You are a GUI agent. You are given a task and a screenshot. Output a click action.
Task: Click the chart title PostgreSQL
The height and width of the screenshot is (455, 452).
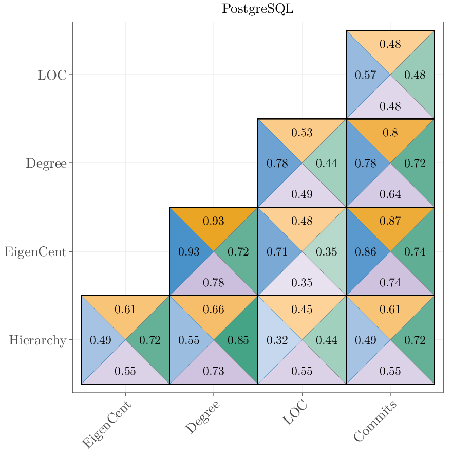coord(257,9)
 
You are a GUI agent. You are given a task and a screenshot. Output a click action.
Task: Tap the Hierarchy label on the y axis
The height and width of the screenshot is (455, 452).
coord(37,340)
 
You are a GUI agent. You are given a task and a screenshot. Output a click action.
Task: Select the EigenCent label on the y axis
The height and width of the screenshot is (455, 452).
coord(35,252)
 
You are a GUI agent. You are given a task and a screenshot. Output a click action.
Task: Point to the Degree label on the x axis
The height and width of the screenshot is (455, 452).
coord(203,417)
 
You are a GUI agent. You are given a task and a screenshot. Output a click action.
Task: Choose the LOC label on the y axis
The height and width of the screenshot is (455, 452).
coord(52,75)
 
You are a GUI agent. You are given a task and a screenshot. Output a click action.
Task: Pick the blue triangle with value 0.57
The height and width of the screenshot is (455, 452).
coord(366,75)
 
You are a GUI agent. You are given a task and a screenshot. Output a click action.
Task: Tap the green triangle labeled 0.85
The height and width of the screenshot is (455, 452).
coord(238,340)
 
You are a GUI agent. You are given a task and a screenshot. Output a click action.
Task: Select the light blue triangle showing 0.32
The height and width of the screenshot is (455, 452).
coord(277,340)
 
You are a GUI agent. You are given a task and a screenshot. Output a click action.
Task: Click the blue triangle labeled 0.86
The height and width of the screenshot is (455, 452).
coord(366,252)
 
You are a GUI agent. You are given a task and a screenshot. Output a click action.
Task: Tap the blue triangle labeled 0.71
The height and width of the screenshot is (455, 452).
coord(277,252)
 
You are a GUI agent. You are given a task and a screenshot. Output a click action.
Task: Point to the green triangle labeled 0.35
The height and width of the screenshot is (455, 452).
coord(327,252)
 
